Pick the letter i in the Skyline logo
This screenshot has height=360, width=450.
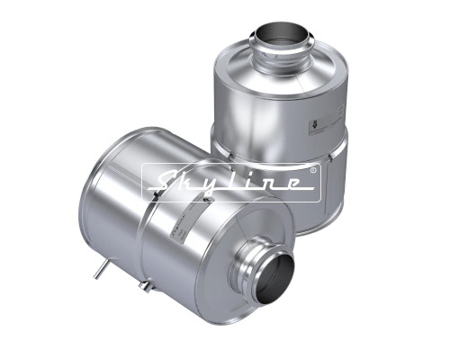(251, 184)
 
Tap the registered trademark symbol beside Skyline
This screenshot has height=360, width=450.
(312, 169)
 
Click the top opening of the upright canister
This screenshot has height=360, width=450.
(284, 33)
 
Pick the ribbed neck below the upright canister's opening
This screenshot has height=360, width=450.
(283, 63)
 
